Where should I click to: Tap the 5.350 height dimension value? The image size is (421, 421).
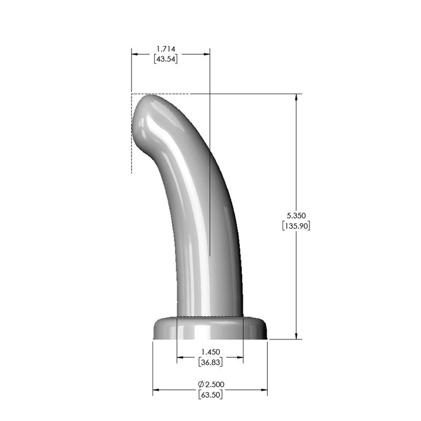[296, 215]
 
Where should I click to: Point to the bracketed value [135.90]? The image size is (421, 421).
[296, 226]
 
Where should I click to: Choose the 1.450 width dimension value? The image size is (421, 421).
[210, 352]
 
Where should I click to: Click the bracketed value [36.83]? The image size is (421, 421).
[210, 362]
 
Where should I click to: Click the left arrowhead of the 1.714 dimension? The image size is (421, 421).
[135, 54]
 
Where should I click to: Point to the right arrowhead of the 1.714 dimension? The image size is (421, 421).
[206, 54]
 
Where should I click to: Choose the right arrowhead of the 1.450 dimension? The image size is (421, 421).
[239, 358]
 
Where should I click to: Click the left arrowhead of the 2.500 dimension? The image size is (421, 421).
[156, 390]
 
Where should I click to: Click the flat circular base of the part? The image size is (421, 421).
[210, 329]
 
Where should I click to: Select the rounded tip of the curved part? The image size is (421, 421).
[147, 113]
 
